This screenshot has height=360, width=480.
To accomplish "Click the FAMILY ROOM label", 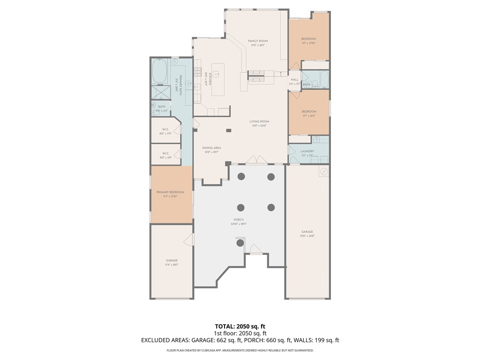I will [257, 41].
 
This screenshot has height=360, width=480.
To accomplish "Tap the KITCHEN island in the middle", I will [218, 79].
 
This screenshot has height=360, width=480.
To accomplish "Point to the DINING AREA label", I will [211, 148].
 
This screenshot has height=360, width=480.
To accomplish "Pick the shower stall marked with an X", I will [160, 93].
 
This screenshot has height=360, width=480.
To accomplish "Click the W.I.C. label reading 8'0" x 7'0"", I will [165, 129].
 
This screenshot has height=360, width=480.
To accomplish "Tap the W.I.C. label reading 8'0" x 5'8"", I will [165, 153].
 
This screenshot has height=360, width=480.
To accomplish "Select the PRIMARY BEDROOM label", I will [170, 192].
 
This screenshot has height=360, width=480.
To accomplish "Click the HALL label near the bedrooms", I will [294, 80].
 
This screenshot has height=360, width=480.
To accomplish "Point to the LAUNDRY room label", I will [307, 151].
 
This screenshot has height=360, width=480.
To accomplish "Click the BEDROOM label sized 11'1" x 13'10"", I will [308, 38].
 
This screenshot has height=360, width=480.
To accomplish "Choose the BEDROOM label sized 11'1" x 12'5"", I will [309, 112].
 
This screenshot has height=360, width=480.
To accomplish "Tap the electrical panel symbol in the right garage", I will [323, 172].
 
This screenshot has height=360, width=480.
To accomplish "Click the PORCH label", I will [239, 219].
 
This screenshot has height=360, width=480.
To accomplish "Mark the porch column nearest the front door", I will [240, 242].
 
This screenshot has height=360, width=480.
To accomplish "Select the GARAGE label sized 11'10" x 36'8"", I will [307, 232].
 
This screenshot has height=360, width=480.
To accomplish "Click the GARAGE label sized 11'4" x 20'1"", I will [172, 260].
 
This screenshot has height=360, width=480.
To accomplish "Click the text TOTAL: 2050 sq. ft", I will [240, 326].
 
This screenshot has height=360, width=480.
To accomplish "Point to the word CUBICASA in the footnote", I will [210, 350].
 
